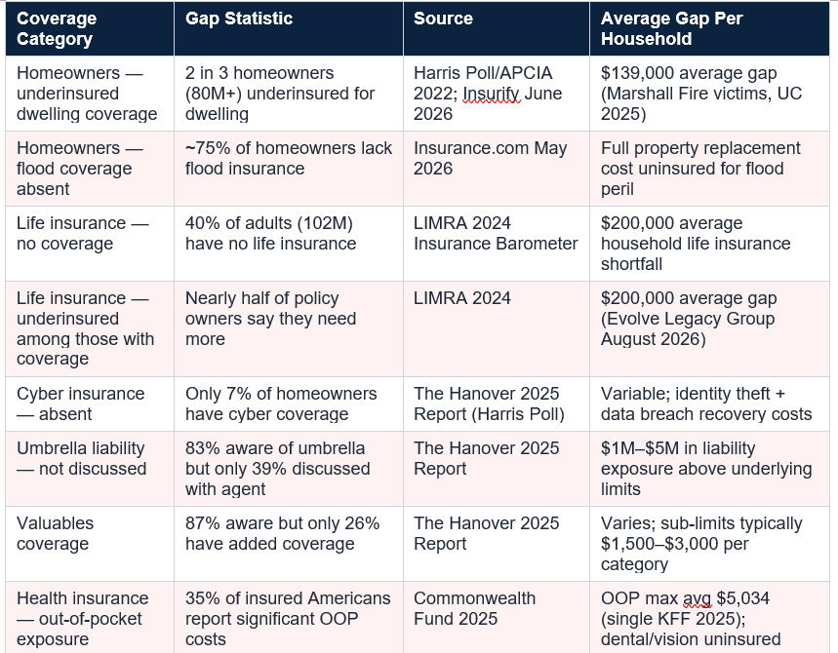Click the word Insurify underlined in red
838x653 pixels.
(x=491, y=94)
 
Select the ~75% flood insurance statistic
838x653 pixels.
(x=289, y=158)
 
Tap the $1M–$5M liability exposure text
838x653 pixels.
(x=706, y=468)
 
